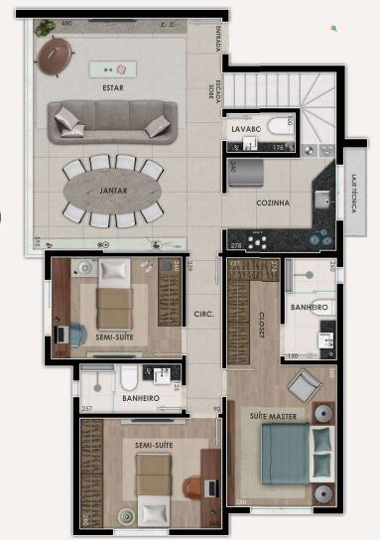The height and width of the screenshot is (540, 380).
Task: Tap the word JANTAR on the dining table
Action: pos(112,189)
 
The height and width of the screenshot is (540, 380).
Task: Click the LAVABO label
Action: pos(245,129)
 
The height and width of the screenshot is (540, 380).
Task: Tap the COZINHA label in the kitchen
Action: pos(273,202)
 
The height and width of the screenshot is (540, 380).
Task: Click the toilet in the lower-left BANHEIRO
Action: pos(129,376)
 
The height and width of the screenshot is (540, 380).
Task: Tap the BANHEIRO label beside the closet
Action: pos(310,308)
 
